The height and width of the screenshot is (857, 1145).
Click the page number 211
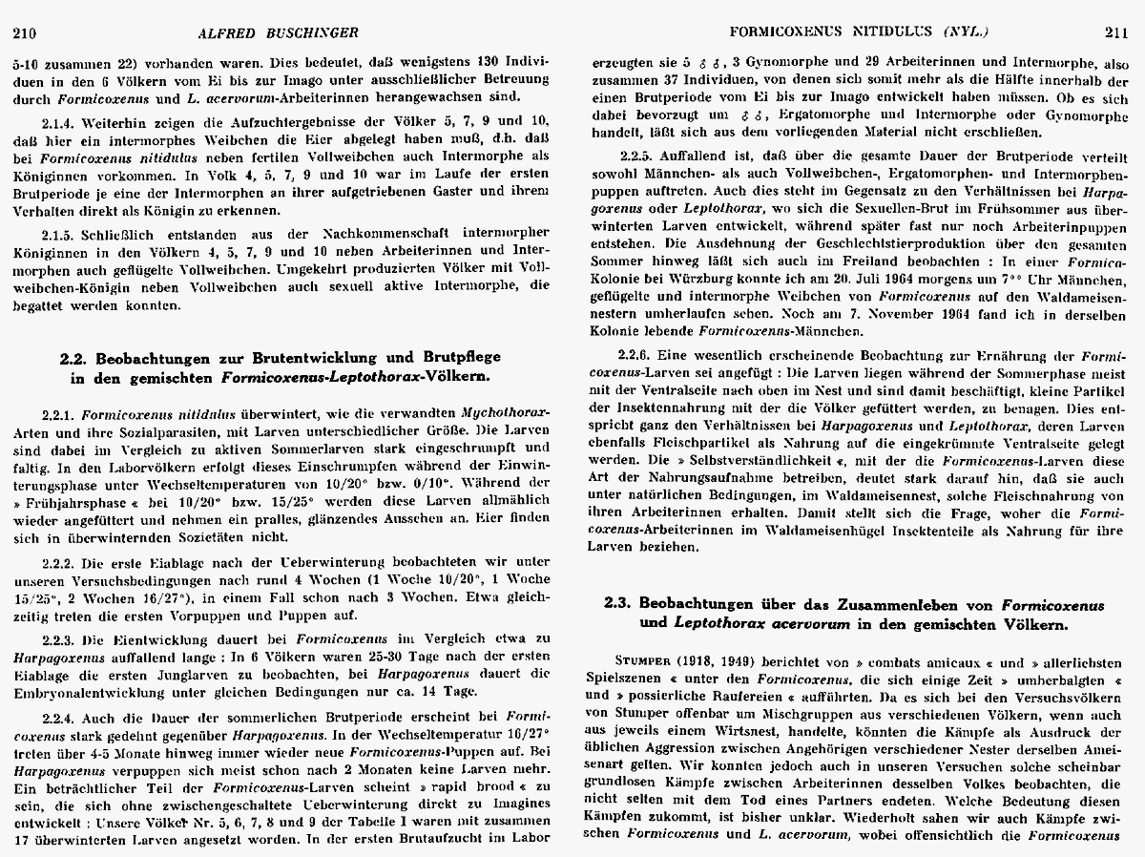click(1115, 34)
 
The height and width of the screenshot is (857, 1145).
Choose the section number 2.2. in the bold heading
click(74, 357)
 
